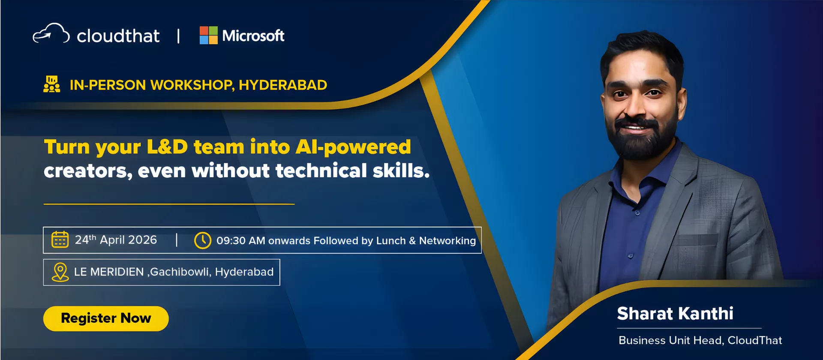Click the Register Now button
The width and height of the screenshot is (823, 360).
click(106, 318)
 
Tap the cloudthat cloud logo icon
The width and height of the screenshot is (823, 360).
click(51, 33)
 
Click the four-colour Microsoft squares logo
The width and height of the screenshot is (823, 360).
click(209, 35)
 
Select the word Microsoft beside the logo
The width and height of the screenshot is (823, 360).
click(253, 36)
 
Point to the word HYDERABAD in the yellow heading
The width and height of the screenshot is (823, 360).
click(283, 85)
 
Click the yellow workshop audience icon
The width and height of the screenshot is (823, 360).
click(52, 84)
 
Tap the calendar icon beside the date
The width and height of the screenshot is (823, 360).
click(60, 240)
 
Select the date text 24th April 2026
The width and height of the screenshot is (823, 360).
click(116, 240)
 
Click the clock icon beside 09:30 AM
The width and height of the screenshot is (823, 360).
click(203, 240)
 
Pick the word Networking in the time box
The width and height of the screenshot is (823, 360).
click(448, 241)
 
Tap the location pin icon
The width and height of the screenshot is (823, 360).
click(60, 272)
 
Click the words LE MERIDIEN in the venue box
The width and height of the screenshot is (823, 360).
click(109, 272)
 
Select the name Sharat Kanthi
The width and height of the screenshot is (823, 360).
click(675, 314)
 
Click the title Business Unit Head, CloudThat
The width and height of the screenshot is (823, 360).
click(700, 340)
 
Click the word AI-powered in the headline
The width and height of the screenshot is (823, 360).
click(353, 147)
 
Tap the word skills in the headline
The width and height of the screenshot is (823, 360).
click(401, 171)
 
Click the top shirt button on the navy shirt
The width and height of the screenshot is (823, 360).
click(637, 213)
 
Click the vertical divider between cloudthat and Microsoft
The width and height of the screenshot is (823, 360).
click(178, 36)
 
